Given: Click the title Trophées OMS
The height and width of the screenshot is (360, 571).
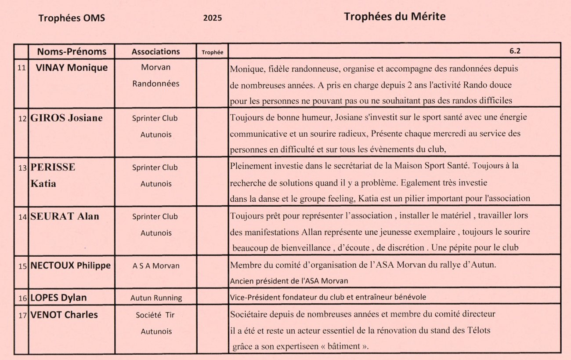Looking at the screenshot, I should coord(72,18).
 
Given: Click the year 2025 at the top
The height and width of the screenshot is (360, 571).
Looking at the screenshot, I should coord(213,18).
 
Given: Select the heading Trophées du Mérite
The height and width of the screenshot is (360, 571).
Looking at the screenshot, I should coord(394,17).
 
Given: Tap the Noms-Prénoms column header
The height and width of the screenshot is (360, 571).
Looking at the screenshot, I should coord(72,51).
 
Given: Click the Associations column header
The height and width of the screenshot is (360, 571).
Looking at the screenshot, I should coord(155,51).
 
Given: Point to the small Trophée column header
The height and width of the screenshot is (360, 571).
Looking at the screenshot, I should coord(212,52).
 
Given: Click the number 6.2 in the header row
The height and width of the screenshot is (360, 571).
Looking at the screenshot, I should coord(515,51).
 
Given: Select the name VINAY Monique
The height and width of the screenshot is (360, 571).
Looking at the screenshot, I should coord(72,68).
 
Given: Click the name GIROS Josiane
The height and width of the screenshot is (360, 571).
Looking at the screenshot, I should coord(66,118).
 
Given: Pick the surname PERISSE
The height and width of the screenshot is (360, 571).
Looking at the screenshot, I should coord(53,167).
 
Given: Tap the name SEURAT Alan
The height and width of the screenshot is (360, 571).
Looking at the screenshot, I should coord(65,216).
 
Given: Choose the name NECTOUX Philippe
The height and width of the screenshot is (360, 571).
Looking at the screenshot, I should coord(70,265).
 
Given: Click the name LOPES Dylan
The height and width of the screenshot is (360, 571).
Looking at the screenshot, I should coord(58,298).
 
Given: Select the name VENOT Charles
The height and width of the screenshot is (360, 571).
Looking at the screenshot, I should coord(64,315).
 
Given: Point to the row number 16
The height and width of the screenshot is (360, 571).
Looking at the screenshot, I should coord(22,298).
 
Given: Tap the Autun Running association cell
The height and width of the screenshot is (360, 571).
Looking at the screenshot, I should coord(156,298).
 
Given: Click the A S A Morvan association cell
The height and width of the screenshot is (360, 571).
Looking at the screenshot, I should coord(156,266).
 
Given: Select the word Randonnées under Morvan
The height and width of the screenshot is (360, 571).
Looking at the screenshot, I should coord(156,84).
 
